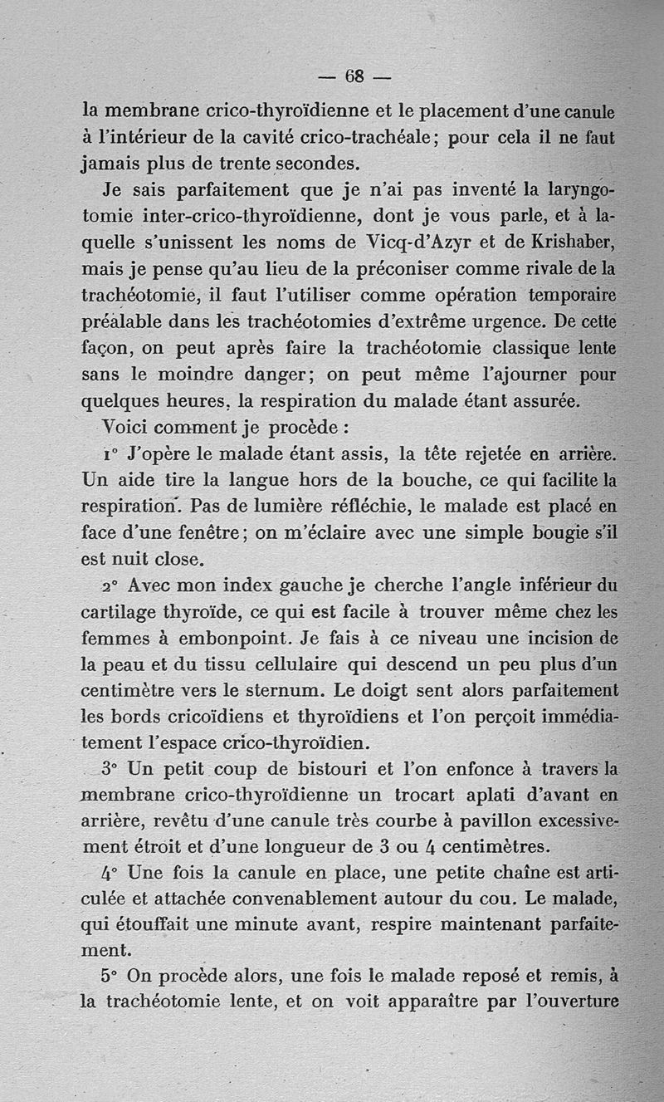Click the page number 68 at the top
[354, 76]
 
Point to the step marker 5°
[111, 977]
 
